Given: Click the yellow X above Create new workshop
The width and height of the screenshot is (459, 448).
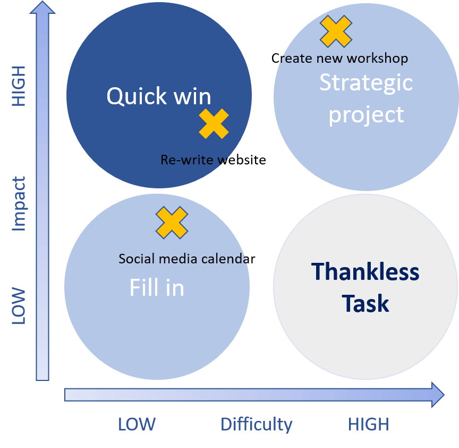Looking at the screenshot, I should [336, 31].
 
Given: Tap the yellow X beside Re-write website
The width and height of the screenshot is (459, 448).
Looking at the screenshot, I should [214, 124].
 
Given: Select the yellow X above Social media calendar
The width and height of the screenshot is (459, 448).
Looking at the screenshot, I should [172, 222].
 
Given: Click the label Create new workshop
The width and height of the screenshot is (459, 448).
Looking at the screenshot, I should [339, 58].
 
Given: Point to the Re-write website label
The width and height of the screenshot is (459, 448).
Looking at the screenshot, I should [213, 160].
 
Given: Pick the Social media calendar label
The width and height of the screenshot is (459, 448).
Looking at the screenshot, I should [187, 259].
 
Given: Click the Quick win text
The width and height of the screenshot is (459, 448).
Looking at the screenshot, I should [158, 96].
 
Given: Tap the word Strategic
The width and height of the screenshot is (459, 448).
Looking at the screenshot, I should [365, 82].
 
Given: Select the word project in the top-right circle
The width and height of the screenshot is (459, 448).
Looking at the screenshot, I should [366, 115].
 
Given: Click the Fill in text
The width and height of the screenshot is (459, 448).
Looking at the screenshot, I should [157, 288].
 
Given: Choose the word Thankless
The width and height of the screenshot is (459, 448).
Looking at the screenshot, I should [365, 272].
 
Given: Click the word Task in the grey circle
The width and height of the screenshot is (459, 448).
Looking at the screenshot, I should [365, 304].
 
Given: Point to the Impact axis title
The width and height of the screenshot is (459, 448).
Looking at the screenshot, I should [19, 204].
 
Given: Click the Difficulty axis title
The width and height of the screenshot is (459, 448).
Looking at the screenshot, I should [256, 425].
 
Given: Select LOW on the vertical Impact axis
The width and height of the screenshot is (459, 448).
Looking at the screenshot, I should [19, 306].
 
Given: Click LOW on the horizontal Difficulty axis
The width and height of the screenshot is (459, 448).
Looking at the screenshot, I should [137, 425].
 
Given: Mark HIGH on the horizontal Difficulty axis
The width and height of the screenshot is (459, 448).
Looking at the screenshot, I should [368, 425].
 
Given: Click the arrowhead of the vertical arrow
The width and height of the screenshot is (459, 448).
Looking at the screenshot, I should [42, 8].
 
